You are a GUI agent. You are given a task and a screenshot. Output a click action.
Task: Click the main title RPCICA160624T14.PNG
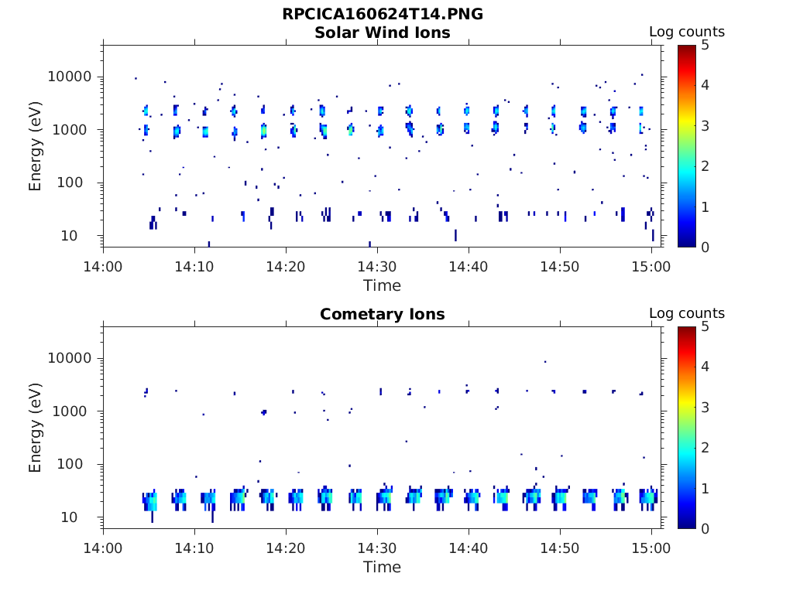(x=383, y=14)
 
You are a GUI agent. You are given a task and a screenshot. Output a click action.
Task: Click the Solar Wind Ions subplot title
(x=383, y=32)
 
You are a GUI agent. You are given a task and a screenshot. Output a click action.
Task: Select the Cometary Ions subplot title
(x=383, y=314)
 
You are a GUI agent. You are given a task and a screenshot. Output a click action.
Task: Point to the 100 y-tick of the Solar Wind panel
(x=80, y=183)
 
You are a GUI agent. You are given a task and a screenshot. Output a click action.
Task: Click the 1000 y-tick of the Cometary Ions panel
(x=75, y=411)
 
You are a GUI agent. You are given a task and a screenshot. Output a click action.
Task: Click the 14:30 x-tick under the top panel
(x=377, y=266)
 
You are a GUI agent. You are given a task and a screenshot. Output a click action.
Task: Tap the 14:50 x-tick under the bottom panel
(x=560, y=548)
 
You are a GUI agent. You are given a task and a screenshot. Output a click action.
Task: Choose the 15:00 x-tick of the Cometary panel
(x=651, y=548)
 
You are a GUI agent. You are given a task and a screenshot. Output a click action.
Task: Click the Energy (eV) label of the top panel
(x=36, y=145)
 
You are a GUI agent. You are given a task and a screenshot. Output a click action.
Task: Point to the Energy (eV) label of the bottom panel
(x=36, y=427)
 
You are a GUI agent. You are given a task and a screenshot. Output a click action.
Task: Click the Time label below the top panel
(x=383, y=285)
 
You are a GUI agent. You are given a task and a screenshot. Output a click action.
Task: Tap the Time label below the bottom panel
(x=383, y=567)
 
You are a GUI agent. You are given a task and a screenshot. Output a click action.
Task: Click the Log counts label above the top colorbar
(x=687, y=32)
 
